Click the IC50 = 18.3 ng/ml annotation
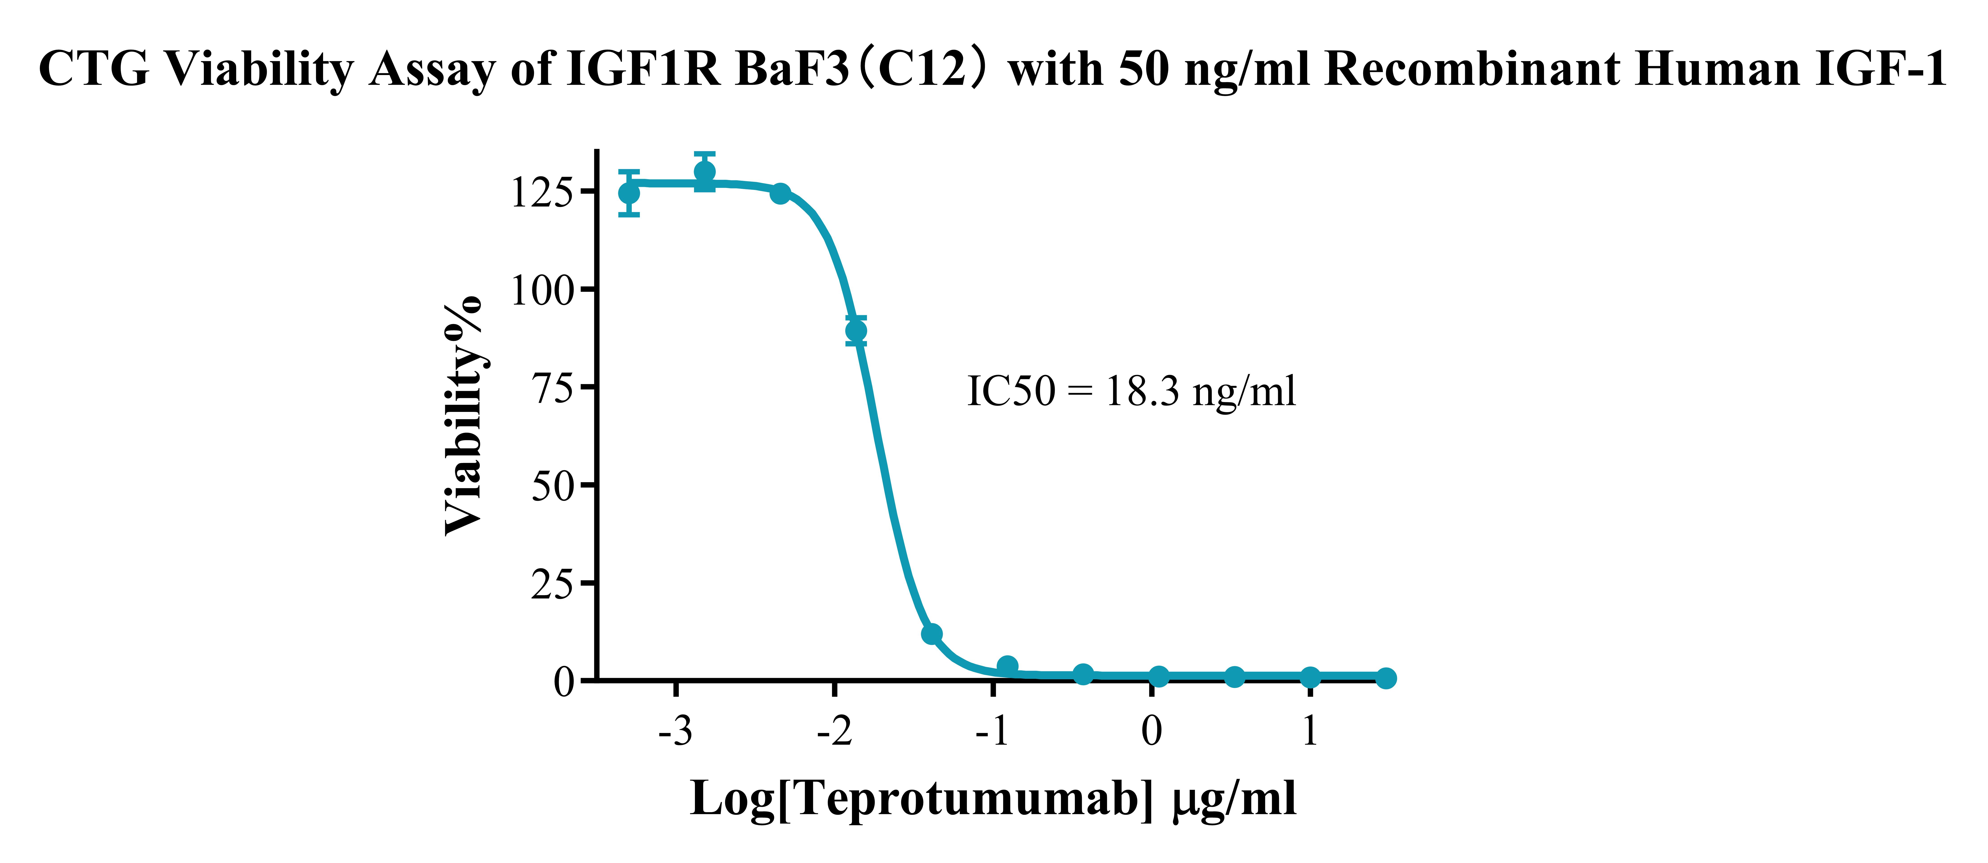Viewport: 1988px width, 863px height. (x=1131, y=391)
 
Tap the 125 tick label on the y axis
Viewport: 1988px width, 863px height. (x=543, y=192)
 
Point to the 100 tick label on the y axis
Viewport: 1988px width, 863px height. (x=543, y=291)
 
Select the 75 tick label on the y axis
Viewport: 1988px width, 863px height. (x=553, y=389)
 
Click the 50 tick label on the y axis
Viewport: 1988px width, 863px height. (x=553, y=486)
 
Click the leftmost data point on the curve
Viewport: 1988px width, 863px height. (x=629, y=192)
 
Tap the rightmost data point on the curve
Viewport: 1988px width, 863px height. (x=1386, y=678)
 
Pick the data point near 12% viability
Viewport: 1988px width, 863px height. (x=931, y=634)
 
